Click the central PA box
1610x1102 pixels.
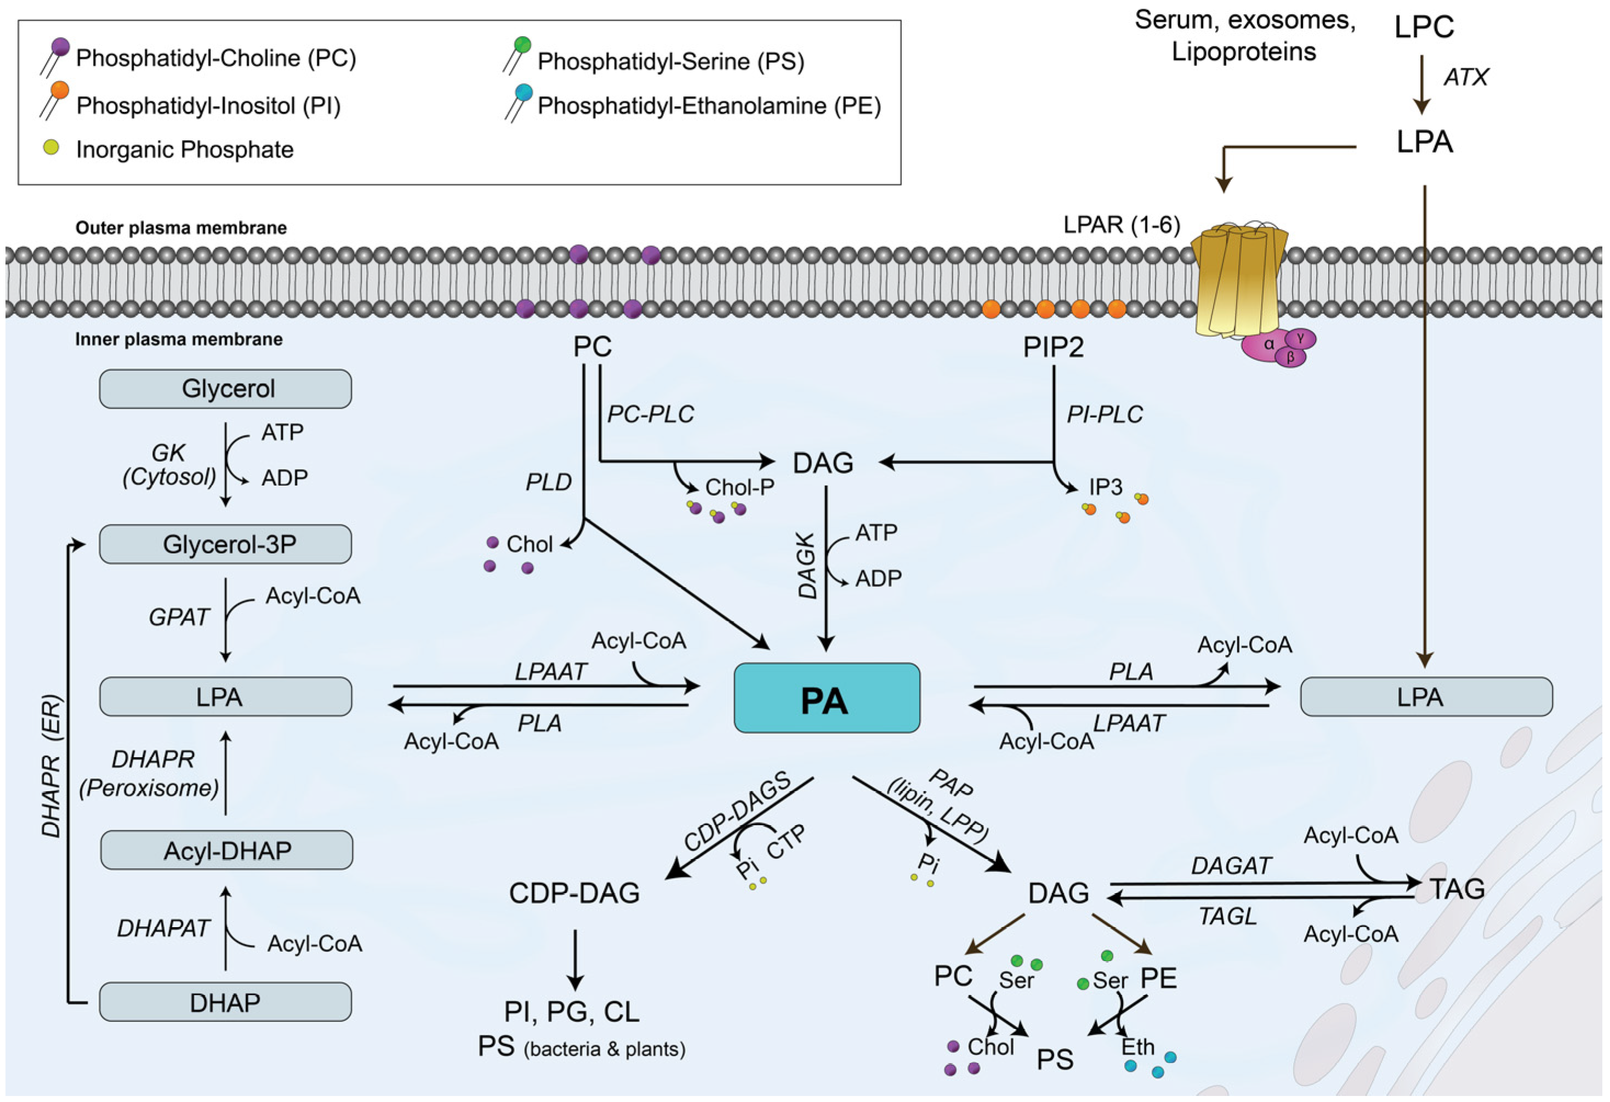click(x=827, y=698)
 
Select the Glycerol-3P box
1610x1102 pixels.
click(x=225, y=544)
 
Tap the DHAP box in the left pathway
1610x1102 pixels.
click(x=225, y=1002)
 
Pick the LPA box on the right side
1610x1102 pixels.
click(x=1426, y=697)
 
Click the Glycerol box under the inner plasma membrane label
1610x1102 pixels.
click(x=225, y=389)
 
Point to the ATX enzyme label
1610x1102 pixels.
click(x=1465, y=77)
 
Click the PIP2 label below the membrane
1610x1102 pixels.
click(x=1053, y=346)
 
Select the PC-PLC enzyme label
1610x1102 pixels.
click(x=650, y=414)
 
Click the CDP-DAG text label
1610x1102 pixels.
click(x=574, y=894)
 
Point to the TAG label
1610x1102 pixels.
click(x=1458, y=889)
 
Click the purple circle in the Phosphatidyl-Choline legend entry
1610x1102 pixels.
click(x=60, y=47)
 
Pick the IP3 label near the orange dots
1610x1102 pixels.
click(x=1105, y=487)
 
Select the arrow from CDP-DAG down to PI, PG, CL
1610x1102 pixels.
click(x=574, y=960)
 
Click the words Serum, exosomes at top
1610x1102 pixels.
click(x=1244, y=21)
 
